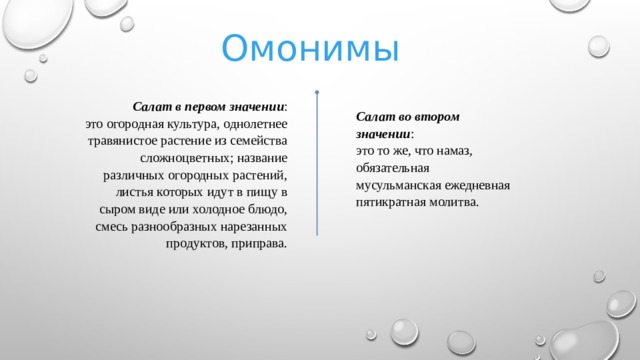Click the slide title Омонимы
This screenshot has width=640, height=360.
click(x=310, y=47)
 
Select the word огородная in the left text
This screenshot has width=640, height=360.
click(x=142, y=122)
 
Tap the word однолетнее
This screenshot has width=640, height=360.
click(x=256, y=122)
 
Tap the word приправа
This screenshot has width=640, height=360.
click(x=259, y=244)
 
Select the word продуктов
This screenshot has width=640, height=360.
click(x=196, y=244)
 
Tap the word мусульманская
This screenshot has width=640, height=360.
click(x=398, y=186)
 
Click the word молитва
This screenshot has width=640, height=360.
click(x=455, y=203)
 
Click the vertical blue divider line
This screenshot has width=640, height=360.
click(x=316, y=170)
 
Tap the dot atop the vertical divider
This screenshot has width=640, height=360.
click(x=316, y=93)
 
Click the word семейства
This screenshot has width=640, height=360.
click(x=258, y=140)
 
